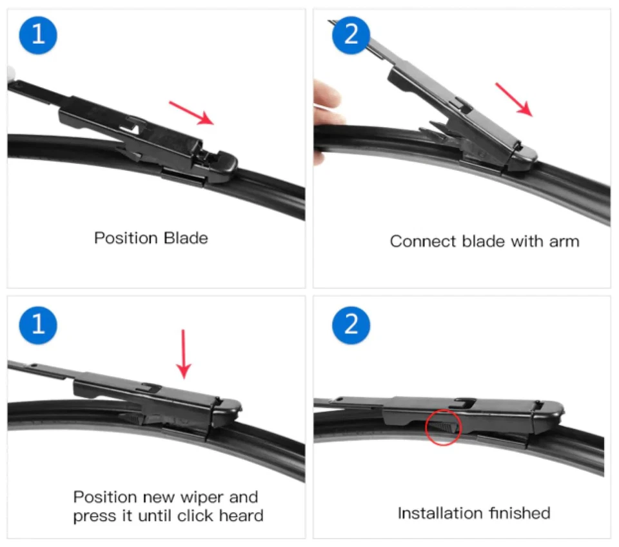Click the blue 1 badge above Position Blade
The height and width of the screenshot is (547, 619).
pos(38,34)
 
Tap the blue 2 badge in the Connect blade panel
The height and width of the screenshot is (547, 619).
pos(351,34)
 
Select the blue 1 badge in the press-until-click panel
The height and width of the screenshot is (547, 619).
pos(38,323)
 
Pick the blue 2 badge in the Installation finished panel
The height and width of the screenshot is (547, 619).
pos(351,323)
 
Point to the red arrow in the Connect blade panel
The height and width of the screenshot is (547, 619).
pos(514,99)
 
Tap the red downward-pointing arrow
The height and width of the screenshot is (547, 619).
pos(184,353)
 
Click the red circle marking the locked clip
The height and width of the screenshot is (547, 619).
pos(444,426)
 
